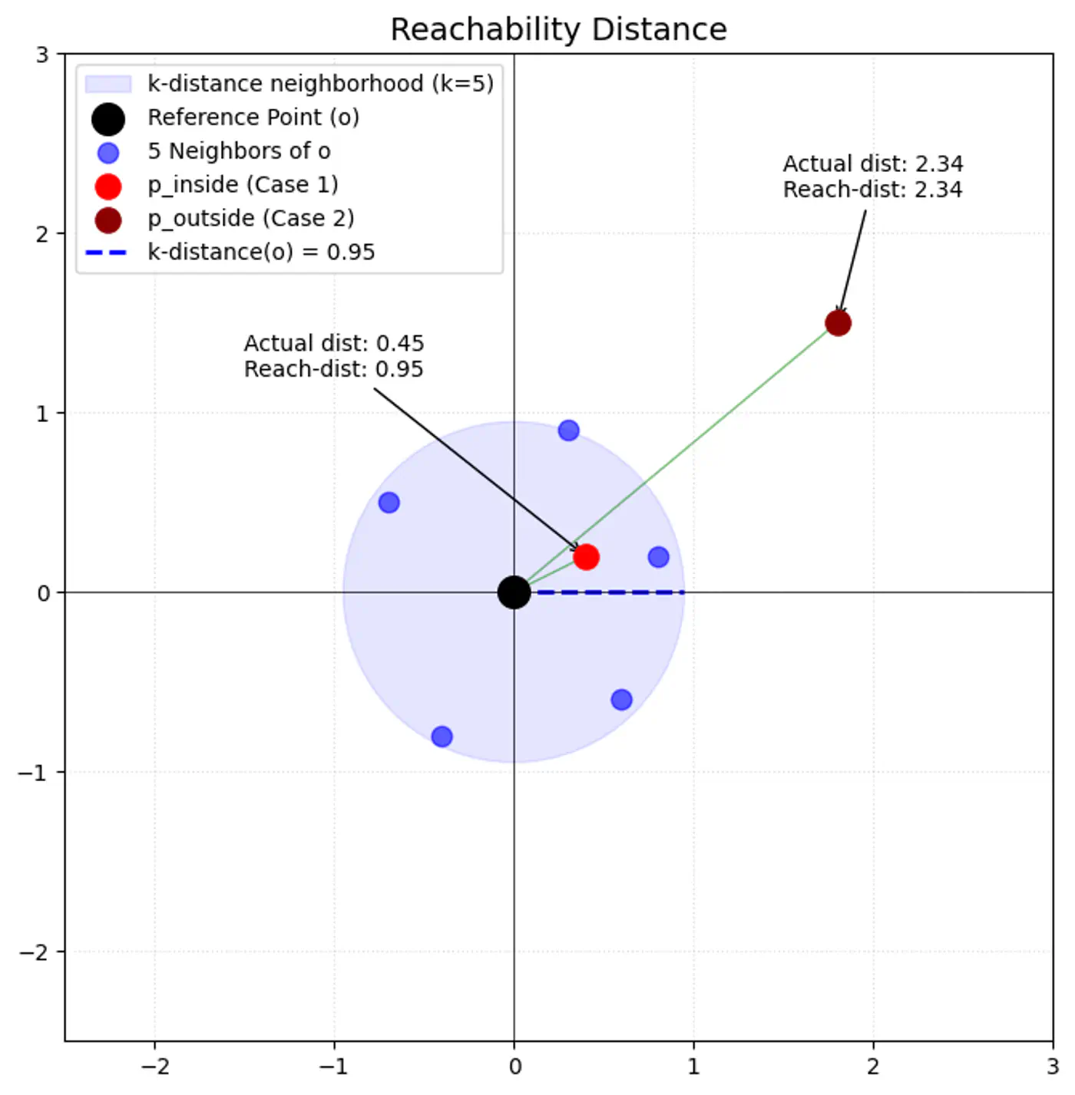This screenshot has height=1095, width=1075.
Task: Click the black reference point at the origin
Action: point(514,592)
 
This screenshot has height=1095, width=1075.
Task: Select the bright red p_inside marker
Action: point(586,556)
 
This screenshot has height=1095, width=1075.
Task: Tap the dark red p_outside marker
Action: point(838,323)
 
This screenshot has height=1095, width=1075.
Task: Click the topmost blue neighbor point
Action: point(568,430)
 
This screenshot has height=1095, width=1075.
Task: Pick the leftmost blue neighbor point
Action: point(389,503)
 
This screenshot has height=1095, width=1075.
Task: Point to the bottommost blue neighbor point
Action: point(442,737)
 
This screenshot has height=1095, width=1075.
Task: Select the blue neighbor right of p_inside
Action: point(658,556)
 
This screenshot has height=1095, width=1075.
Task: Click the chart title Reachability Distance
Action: point(558,29)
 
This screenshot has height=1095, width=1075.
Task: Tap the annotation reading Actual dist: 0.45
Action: point(333,343)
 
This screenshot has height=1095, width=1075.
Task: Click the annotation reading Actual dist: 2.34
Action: point(872,164)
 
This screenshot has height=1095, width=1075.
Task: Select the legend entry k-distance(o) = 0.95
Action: point(261,252)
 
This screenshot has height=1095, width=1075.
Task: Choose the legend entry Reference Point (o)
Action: point(253,117)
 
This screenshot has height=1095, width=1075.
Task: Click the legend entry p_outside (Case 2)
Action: point(250,219)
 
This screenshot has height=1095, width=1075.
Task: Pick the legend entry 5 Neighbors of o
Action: point(239,151)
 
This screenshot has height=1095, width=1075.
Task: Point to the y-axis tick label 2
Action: point(43,234)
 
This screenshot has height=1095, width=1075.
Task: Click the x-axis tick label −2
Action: point(155,1067)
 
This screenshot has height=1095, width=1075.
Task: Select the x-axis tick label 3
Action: point(1052,1067)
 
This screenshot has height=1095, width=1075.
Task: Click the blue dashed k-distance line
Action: point(610,592)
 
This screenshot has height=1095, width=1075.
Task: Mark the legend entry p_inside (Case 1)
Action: point(243,185)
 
